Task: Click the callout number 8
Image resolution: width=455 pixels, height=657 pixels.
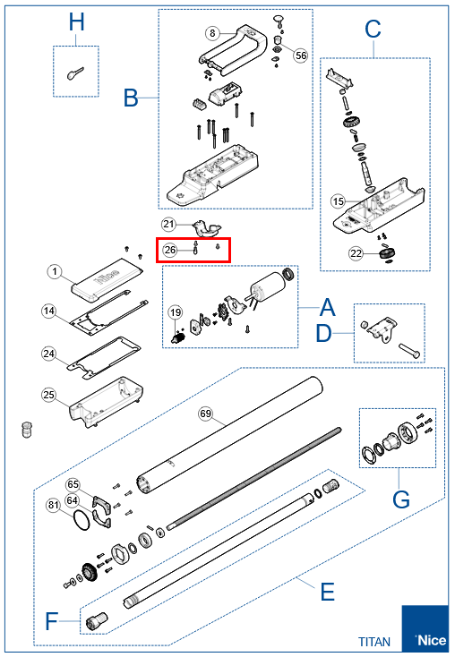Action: tap(212, 33)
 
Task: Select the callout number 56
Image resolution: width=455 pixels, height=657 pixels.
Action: tap(301, 55)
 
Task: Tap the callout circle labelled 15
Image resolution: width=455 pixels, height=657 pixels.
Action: tap(338, 201)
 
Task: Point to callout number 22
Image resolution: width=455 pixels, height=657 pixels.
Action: tap(356, 253)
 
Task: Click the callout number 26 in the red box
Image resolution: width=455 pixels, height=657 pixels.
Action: tap(170, 250)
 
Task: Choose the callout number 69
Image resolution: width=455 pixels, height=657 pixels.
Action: tap(205, 414)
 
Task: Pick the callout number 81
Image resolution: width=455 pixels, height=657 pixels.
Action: tap(53, 505)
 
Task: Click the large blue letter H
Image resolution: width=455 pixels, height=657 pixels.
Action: tap(76, 22)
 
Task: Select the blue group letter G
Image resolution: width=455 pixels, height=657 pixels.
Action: tap(401, 499)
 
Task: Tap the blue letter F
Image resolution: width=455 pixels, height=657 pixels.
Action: tap(51, 621)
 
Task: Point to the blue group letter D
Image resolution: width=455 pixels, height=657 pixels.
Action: tap(323, 334)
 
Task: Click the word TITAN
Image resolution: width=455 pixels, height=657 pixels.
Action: tap(374, 642)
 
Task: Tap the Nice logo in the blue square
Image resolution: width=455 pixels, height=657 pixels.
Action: tap(431, 640)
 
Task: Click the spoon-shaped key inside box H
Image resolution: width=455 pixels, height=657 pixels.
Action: tap(75, 73)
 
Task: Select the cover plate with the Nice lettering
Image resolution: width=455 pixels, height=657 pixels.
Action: tap(107, 279)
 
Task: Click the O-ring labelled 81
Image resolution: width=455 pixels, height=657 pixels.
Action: tap(82, 520)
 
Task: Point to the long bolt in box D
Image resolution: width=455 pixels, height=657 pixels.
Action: tap(409, 350)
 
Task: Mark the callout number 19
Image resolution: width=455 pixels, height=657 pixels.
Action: tap(176, 312)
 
